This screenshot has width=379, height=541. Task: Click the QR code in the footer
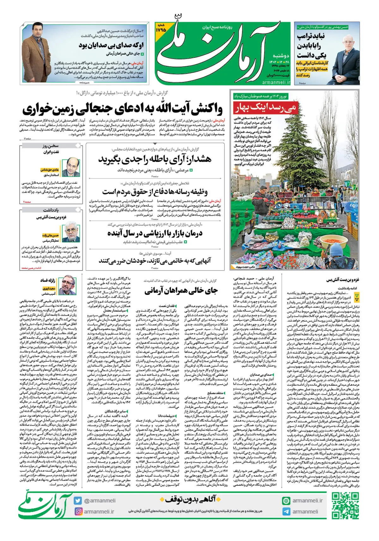pos(345,506)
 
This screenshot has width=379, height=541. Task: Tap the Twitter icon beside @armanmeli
pos(78,501)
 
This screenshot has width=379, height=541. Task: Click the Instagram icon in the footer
pos(78,511)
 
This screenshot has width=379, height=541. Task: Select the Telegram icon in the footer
pos(286,512)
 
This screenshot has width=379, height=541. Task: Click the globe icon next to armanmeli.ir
pos(286,501)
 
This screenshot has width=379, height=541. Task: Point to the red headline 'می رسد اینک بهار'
pos(265,108)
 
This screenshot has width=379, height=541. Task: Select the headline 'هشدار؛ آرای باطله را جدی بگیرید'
pos(155,159)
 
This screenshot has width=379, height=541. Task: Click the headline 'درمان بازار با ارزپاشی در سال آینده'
pos(155,233)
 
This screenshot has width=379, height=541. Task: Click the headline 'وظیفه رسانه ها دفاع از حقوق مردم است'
pos(155,192)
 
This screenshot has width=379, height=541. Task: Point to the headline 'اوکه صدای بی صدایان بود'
pos(111,45)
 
